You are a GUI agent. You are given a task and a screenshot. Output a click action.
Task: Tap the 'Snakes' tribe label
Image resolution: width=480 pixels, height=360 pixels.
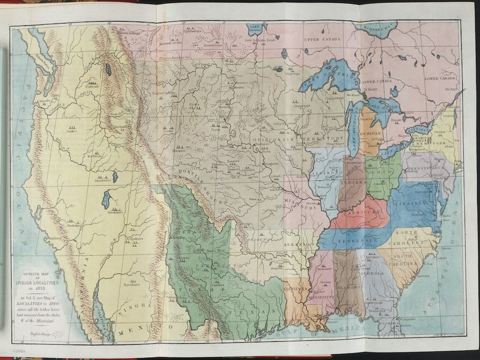click(72, 131)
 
